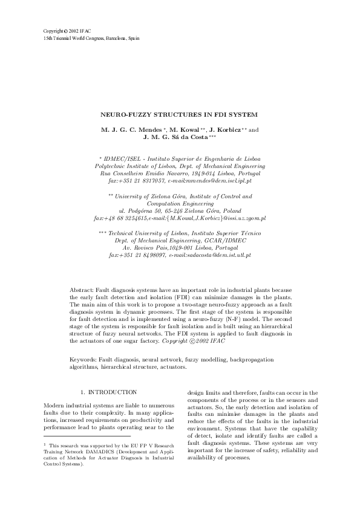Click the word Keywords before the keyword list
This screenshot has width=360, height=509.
pos(83,360)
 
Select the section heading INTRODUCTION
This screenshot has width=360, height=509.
pos(113,392)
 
